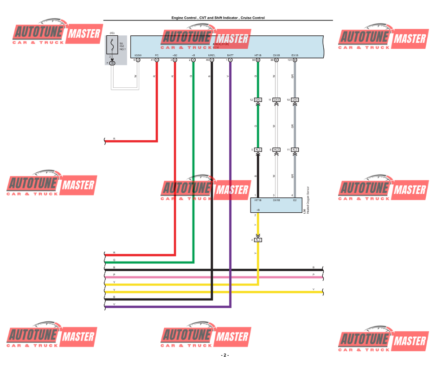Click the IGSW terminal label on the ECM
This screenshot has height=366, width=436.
[x=138, y=55]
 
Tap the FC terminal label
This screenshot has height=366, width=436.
[x=157, y=55]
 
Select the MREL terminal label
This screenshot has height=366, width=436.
[x=212, y=55]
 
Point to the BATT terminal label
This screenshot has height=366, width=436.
[x=230, y=55]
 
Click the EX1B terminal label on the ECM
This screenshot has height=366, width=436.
[x=295, y=55]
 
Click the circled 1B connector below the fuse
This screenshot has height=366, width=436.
[x=112, y=63]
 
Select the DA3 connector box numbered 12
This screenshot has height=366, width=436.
[x=258, y=100]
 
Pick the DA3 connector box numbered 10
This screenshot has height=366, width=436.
[x=295, y=100]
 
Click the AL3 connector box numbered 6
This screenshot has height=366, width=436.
[x=258, y=150]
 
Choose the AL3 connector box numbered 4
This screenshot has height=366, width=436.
[x=258, y=240]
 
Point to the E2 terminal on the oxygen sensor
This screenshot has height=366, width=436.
[x=295, y=200]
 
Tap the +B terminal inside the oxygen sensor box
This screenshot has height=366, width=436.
[x=258, y=210]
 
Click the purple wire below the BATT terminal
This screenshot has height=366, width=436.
[x=230, y=186]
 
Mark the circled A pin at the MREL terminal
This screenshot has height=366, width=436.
[x=212, y=60]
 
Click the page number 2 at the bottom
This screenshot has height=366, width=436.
[x=225, y=355]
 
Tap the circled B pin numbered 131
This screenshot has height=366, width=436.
[x=295, y=60]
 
